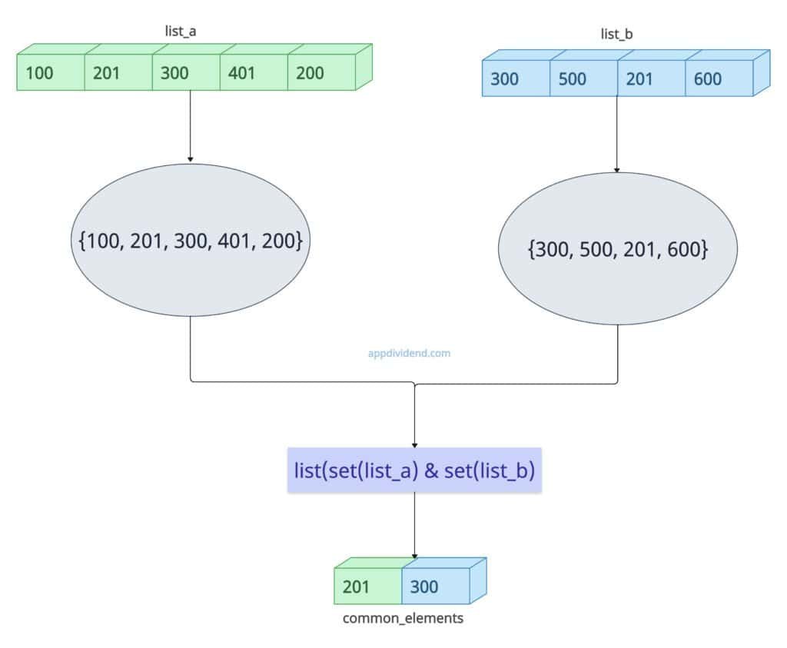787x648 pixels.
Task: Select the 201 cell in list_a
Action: (118, 74)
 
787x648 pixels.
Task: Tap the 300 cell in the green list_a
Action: (185, 74)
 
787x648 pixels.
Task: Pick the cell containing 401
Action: (253, 74)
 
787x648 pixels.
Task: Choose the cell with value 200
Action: (320, 74)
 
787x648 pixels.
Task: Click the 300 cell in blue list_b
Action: (515, 79)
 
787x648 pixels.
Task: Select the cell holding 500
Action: (583, 79)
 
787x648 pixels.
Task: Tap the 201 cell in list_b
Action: (650, 79)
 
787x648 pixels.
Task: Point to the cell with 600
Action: (718, 79)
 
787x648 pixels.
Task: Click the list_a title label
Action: (190, 32)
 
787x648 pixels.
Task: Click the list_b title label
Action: (617, 34)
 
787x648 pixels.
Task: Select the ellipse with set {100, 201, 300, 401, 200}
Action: (190, 240)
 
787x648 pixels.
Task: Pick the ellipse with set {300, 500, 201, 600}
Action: (617, 249)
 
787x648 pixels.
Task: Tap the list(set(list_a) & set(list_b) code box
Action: (415, 470)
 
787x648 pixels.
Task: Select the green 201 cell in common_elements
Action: (367, 587)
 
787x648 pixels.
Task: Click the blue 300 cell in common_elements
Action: (435, 587)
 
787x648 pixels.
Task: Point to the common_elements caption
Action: (403, 618)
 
